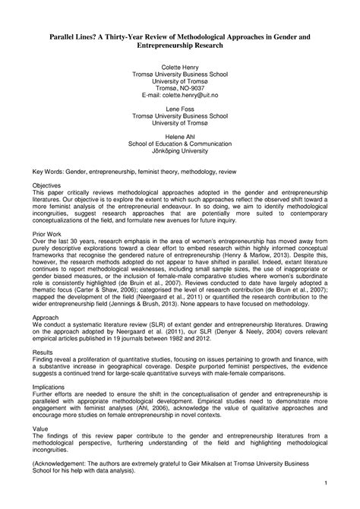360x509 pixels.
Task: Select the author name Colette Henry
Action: [180, 68]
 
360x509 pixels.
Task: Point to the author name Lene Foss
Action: [180, 110]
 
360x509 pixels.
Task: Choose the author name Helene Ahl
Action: [180, 138]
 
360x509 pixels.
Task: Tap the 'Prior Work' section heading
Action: [65, 236]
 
